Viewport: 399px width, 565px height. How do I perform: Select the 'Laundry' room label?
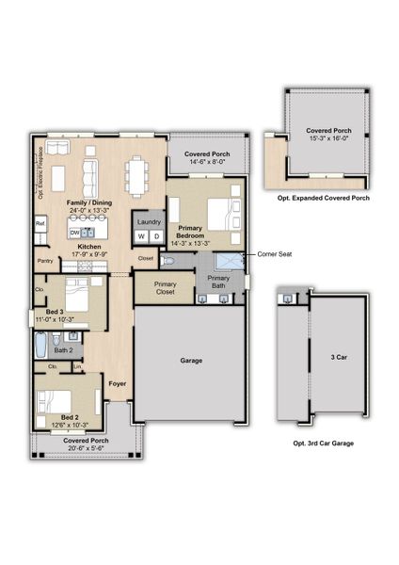point(149,221)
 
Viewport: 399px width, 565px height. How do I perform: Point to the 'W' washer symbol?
point(141,235)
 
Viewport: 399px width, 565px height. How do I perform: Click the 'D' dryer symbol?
point(156,235)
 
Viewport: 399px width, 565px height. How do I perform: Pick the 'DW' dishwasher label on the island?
point(74,231)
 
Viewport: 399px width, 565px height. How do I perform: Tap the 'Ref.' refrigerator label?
point(40,223)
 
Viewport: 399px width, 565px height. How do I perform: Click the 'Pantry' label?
point(45,261)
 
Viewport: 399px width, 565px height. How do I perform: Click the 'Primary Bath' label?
point(218,282)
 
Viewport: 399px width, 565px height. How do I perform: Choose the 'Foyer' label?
point(117,383)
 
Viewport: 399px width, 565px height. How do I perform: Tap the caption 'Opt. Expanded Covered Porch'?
point(323,200)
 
